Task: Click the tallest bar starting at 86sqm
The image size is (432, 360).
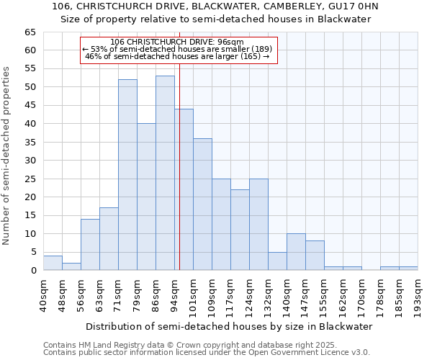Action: (165, 173)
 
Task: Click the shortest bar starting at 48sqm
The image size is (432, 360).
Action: (71, 266)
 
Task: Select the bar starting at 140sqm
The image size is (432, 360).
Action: (296, 252)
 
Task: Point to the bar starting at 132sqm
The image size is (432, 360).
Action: (277, 261)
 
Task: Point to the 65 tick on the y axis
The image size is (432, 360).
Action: (30, 32)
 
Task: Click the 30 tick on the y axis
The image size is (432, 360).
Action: (30, 161)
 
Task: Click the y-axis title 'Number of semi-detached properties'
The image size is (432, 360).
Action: (7, 156)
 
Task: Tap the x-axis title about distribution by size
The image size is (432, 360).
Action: (228, 326)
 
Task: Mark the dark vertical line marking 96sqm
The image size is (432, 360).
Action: (180, 180)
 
